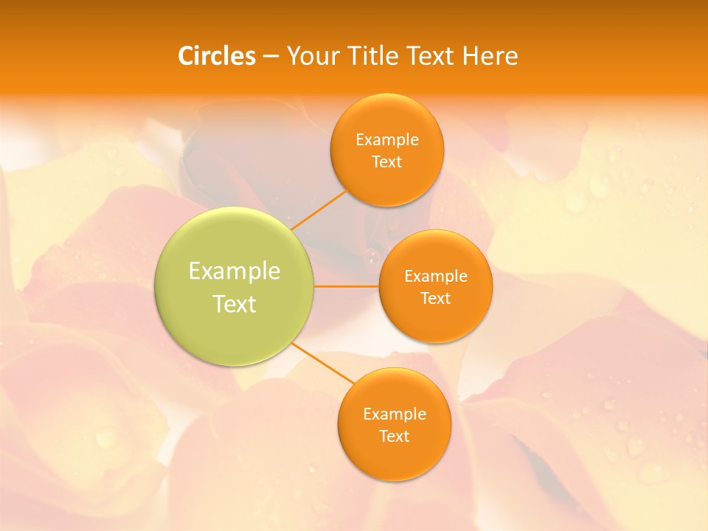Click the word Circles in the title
point(217,56)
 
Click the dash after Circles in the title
point(271,57)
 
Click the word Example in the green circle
point(235,271)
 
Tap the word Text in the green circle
point(235,304)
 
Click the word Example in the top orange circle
point(387,140)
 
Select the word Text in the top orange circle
point(387,162)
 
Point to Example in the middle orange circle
point(436,277)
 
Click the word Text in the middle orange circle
point(436,299)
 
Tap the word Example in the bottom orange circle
point(394,414)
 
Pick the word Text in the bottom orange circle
point(394,437)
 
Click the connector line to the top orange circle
point(319,209)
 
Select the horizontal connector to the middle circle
point(347,286)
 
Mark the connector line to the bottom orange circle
point(322,363)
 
